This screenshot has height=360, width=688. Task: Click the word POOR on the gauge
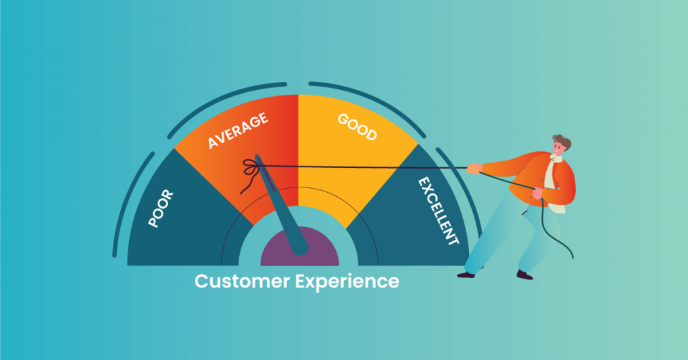[161, 209]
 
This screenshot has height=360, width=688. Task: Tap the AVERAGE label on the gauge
[238, 131]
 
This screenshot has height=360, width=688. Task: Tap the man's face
[558, 151]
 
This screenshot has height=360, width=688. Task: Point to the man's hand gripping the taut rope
[474, 168]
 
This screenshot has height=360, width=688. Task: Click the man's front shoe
[466, 274]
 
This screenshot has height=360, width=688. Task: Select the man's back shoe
[525, 274]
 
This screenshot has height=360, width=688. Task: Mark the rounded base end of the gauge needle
[300, 248]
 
